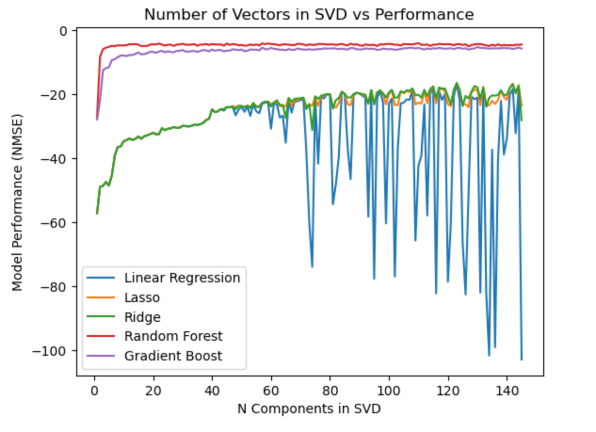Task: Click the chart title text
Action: coord(309,14)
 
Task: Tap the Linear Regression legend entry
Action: coord(182,278)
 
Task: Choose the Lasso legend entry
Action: coord(142,297)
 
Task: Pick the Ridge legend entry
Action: coord(143,317)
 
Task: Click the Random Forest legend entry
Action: coord(173,336)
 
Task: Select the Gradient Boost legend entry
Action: coord(173,356)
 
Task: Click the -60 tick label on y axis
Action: coord(57,222)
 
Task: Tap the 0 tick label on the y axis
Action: coord(63,31)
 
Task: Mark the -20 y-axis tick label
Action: coord(57,95)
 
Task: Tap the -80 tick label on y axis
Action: coord(57,287)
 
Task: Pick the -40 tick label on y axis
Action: coord(57,159)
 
